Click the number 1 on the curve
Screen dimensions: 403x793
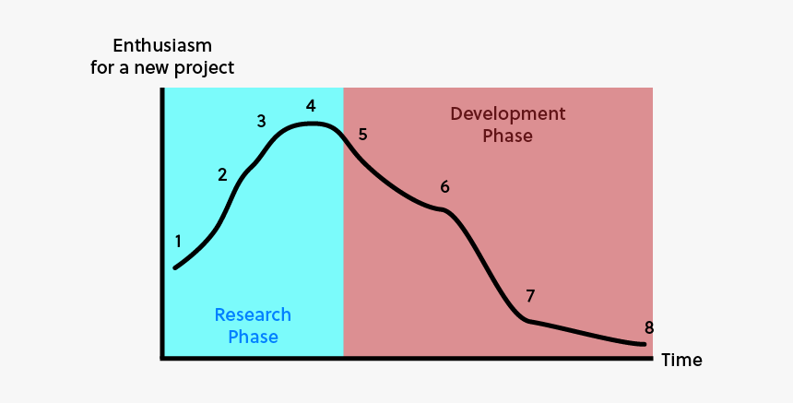pyautogui.click(x=178, y=242)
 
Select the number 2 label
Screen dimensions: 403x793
pyautogui.click(x=222, y=174)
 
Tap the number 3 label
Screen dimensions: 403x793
pyautogui.click(x=261, y=121)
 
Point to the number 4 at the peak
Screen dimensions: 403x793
pyautogui.click(x=312, y=105)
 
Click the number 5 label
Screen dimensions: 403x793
pyautogui.click(x=362, y=135)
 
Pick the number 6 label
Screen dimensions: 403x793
pyautogui.click(x=444, y=187)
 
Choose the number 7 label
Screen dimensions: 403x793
pyautogui.click(x=530, y=296)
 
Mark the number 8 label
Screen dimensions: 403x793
pyautogui.click(x=649, y=327)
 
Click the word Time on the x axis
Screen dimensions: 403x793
pyautogui.click(x=681, y=360)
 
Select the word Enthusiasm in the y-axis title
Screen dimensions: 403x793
pyautogui.click(x=162, y=45)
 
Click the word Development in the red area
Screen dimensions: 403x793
pyautogui.click(x=507, y=113)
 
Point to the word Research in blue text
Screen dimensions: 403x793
pyautogui.click(x=253, y=314)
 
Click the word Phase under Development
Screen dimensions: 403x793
pyautogui.click(x=507, y=136)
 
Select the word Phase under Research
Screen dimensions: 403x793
pyautogui.click(x=253, y=337)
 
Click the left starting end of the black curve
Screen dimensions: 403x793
pyautogui.click(x=175, y=267)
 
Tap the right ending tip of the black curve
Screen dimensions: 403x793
pyautogui.click(x=644, y=345)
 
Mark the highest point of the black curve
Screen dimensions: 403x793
pyautogui.click(x=314, y=124)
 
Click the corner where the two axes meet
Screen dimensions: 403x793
pyautogui.click(x=163, y=357)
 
